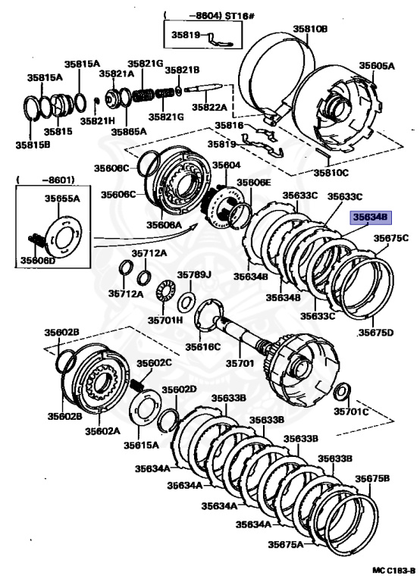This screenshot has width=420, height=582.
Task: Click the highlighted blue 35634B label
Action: (368, 216)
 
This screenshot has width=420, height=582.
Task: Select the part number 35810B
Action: (310, 29)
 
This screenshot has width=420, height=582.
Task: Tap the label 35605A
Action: (377, 66)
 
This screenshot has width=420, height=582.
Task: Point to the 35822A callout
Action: (209, 108)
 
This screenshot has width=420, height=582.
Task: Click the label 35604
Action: (226, 164)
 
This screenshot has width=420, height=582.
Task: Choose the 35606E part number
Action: (253, 183)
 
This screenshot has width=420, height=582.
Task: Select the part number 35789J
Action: (194, 274)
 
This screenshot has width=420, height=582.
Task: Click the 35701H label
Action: (165, 321)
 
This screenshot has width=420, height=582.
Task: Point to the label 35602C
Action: (154, 362)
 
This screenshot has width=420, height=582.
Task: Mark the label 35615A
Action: (142, 446)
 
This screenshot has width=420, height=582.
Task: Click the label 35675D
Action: (376, 332)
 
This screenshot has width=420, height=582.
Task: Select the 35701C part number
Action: (353, 411)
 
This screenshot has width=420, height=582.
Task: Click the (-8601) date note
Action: (35, 180)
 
